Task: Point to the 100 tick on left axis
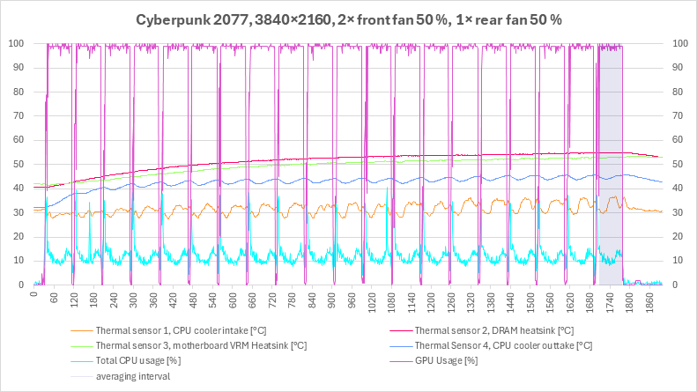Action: (16, 43)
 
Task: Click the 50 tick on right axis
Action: (678, 164)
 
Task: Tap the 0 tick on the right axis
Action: (675, 285)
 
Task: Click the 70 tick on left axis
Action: (19, 115)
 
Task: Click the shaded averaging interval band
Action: (611, 165)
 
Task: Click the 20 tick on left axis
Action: (19, 236)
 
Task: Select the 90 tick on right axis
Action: (678, 68)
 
